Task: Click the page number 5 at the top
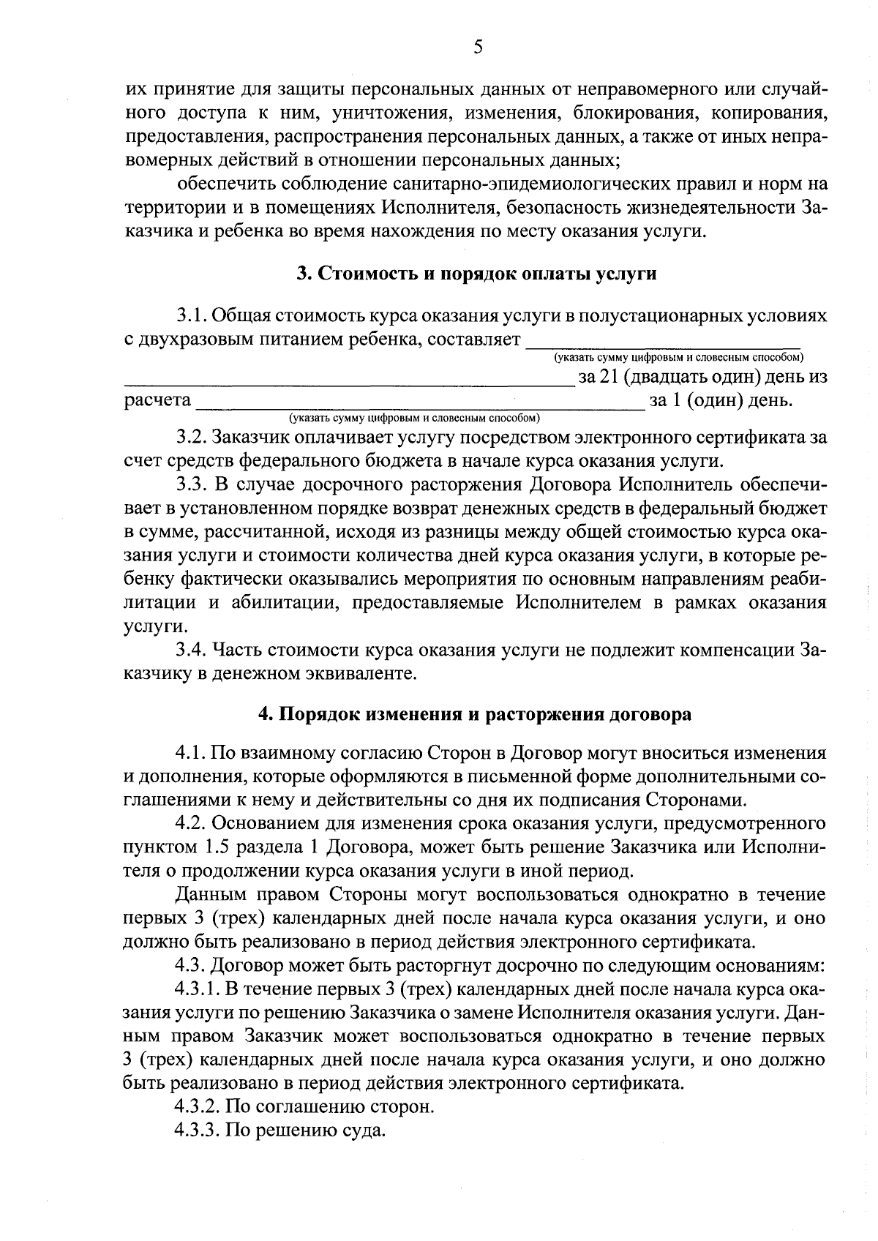478,48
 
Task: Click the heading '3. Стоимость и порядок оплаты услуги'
476,274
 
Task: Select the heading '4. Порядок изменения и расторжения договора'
476,714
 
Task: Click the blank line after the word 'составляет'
663,343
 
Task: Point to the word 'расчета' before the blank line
157,401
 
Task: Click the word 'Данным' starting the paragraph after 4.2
211,894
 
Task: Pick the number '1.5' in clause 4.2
216,847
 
